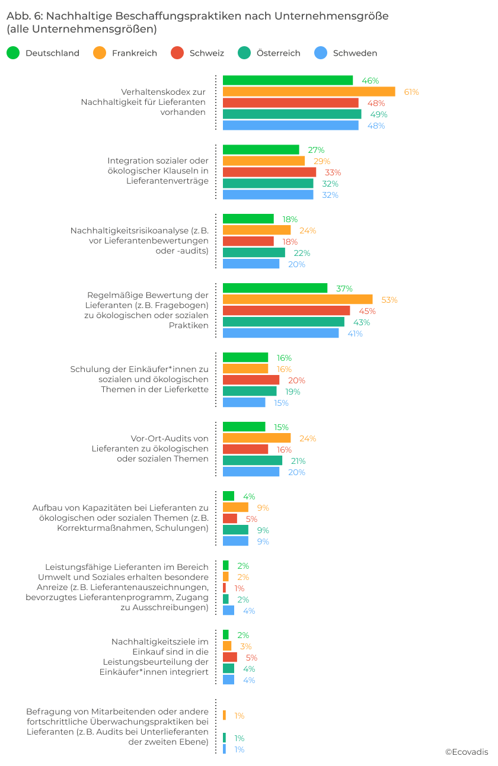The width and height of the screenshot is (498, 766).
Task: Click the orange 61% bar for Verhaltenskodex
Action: click(x=308, y=92)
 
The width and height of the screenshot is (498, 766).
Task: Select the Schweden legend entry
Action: click(x=355, y=53)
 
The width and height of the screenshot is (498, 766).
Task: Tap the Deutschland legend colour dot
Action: click(x=13, y=53)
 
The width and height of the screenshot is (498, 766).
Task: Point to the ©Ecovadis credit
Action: click(x=467, y=752)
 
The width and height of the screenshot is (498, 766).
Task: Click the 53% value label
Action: click(x=389, y=300)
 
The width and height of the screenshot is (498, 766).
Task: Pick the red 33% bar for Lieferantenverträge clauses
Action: click(x=269, y=172)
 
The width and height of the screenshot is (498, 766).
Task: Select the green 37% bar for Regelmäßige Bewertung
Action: click(x=274, y=289)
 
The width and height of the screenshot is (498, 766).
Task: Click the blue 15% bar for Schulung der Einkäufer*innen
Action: click(x=244, y=403)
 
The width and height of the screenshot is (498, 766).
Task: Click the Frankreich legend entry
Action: click(x=134, y=53)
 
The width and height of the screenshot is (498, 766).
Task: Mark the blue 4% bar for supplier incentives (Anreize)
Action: click(x=228, y=611)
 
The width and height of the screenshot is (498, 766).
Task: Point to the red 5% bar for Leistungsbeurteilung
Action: click(x=229, y=658)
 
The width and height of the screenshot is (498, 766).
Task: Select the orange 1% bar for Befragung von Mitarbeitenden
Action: click(x=224, y=716)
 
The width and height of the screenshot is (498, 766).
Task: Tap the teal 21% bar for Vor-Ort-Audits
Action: click(x=252, y=461)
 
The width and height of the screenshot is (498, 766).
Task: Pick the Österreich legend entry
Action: click(x=278, y=53)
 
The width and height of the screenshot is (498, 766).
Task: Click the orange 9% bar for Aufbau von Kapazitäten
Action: click(x=235, y=508)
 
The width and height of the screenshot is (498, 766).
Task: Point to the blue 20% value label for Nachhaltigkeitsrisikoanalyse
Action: click(x=296, y=264)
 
